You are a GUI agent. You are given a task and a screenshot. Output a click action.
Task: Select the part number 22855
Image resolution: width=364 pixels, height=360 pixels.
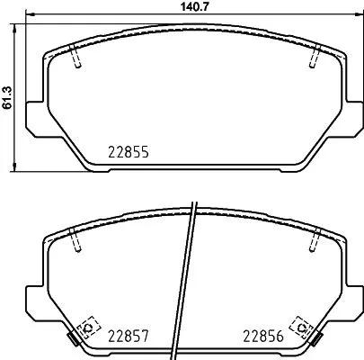pyautogui.click(x=129, y=153)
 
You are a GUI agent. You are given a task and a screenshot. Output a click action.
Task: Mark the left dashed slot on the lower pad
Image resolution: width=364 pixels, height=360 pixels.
pyautogui.click(x=75, y=241)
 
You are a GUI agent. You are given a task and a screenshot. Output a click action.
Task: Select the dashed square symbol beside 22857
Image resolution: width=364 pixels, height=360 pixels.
pyautogui.click(x=89, y=327)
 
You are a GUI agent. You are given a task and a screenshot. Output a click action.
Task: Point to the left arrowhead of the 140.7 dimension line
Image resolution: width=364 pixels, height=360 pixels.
pyautogui.click(x=28, y=17)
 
